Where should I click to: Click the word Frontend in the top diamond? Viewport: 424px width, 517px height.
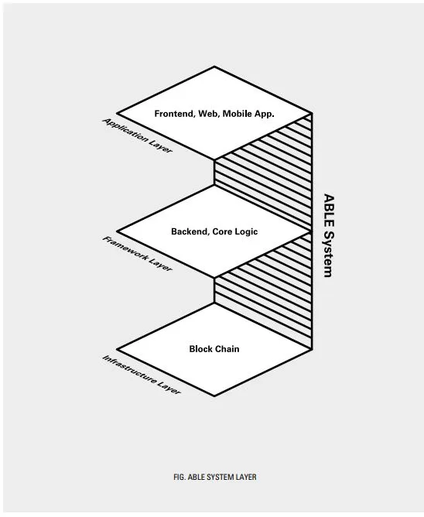pos(175,114)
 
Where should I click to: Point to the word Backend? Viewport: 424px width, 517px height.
pos(190,231)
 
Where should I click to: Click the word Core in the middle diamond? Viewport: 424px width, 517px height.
pos(222,231)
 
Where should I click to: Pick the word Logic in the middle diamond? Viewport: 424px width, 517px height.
pos(246,231)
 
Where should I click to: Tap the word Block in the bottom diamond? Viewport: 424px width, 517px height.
pos(200,349)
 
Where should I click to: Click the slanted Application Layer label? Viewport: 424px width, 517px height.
pos(138,135)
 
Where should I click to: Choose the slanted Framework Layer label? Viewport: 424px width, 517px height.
pos(137,254)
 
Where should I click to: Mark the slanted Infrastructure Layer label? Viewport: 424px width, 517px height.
pos(142,375)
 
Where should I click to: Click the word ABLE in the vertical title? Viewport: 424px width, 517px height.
pos(329,211)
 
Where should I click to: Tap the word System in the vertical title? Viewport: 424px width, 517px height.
pos(329,254)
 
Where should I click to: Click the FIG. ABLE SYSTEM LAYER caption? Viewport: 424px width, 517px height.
pos(215,477)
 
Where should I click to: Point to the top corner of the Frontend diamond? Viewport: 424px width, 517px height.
pos(214,67)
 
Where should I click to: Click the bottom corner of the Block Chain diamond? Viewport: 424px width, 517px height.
pos(214,395)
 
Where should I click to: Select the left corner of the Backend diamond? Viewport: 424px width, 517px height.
pos(117,231)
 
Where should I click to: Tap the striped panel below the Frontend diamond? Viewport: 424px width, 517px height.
pos(263,172)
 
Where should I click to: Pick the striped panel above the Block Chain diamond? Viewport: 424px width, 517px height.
pos(263,291)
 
